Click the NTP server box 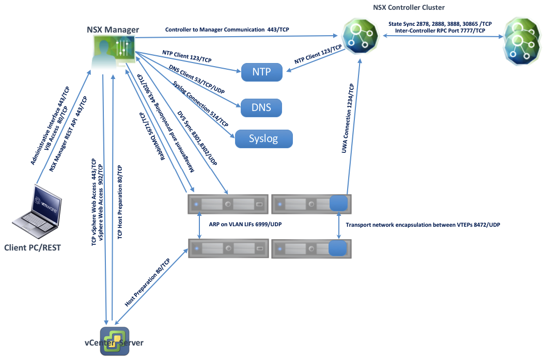tap(262, 72)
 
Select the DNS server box tap(262, 107)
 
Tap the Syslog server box tap(263, 139)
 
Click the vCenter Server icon tap(114, 341)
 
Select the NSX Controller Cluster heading tap(409, 7)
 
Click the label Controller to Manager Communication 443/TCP tap(227, 30)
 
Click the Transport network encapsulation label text tap(423, 225)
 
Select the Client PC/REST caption tap(32, 247)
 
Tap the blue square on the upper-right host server tap(338, 203)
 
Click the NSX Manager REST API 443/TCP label tap(69, 134)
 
